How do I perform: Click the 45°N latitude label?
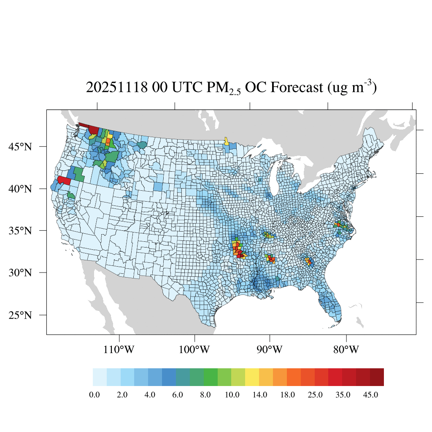tap(21, 147)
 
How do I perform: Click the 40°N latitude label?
tap(21, 189)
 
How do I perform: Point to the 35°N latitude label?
tap(21, 231)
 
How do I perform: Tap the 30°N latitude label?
tap(21, 273)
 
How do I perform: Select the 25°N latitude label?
tap(21, 315)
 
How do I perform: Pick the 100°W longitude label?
tap(195, 350)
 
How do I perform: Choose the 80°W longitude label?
tap(346, 350)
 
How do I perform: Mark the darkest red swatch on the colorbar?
tap(377, 377)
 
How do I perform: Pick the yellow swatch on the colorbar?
tap(252, 377)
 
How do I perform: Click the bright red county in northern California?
tap(64, 180)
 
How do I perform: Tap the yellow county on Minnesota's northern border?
tap(227, 141)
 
